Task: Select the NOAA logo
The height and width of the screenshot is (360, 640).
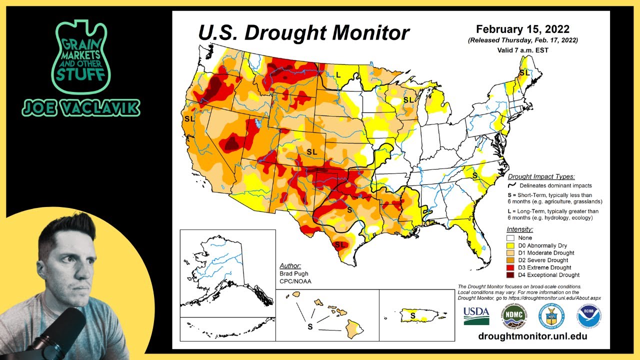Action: coord(589,316)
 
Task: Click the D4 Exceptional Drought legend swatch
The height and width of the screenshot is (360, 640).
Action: coord(511,275)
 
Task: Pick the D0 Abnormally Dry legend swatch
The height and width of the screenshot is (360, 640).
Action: coord(511,245)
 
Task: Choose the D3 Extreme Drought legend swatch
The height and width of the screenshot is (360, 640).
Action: coord(511,267)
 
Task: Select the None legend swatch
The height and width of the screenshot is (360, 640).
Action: coord(511,238)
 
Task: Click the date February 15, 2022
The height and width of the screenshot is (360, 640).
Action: coord(522,29)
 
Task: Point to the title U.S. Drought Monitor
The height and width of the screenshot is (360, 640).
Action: coord(303,33)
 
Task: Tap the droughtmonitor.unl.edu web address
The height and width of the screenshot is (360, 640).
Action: coord(532,336)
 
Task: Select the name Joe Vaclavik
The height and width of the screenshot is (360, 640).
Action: coord(80,107)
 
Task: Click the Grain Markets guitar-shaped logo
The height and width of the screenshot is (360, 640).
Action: coord(80,57)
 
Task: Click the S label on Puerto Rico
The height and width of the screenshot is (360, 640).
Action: coord(412,315)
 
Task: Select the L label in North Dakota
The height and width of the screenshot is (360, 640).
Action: coord(338,74)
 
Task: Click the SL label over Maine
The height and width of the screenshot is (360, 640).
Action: coord(524,73)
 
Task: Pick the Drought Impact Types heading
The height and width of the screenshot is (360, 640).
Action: coord(541,176)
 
